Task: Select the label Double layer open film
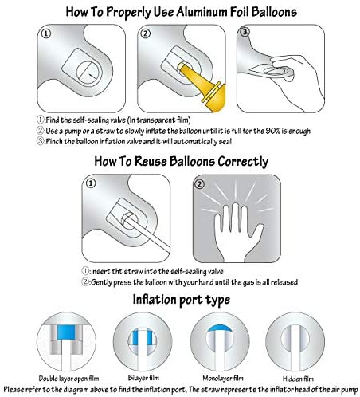(x=68, y=379)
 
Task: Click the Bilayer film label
(x=143, y=378)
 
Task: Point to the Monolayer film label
(x=223, y=378)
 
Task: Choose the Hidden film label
(x=298, y=379)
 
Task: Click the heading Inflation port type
(x=182, y=300)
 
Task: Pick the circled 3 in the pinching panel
(x=245, y=32)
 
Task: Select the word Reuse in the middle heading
(x=151, y=161)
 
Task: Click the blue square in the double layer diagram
(x=66, y=332)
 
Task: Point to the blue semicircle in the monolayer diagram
(x=220, y=328)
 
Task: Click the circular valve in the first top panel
(x=89, y=73)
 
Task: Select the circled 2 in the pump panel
(x=146, y=33)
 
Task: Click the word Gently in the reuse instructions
(x=101, y=282)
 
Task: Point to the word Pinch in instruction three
(x=54, y=141)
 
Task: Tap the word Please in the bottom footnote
(x=14, y=390)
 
